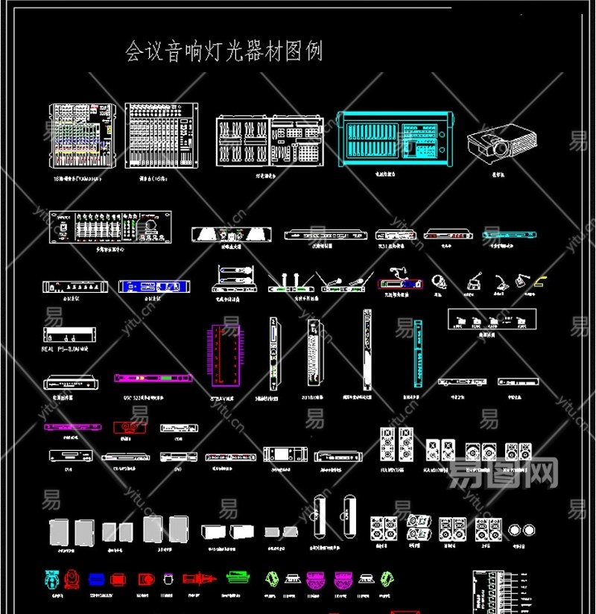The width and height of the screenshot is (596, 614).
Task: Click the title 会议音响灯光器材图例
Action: [x=223, y=51]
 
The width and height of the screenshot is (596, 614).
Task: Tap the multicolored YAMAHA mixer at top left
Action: [x=82, y=135]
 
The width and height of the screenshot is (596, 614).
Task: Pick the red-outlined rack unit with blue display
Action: [x=405, y=284]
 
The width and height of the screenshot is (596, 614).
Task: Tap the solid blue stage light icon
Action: [x=96, y=578]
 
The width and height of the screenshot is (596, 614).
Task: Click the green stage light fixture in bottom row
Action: [x=238, y=577]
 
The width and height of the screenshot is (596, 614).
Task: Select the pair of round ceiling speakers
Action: [x=522, y=531]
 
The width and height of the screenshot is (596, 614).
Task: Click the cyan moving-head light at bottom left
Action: [x=51, y=578]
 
